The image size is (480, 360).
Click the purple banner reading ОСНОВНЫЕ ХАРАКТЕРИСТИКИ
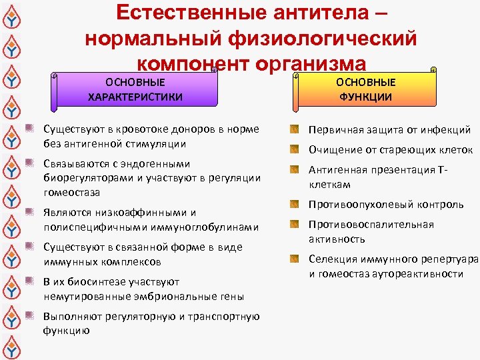point(136,89)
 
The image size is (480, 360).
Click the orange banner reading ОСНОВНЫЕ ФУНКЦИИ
point(365,89)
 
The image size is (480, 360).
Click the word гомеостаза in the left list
point(71,193)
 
